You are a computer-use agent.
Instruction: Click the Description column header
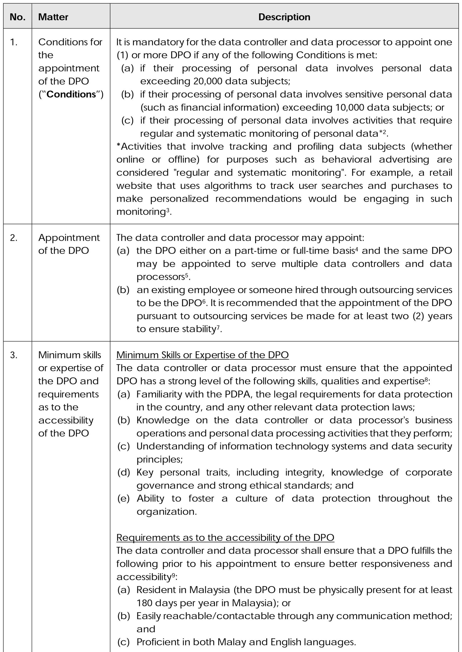284,17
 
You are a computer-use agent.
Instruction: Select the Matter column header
53,17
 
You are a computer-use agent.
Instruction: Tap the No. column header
17,17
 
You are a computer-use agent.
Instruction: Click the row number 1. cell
14,42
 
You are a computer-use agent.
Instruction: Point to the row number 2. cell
14,238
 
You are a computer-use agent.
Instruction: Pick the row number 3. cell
14,355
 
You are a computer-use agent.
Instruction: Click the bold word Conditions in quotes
71,94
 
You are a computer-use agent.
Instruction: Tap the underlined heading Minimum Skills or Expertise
202,355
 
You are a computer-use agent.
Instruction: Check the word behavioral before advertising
346,160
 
